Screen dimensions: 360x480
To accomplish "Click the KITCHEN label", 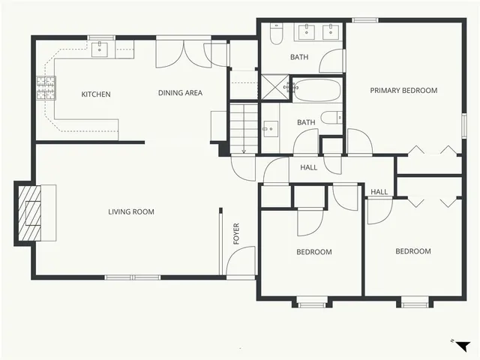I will coord(96,94).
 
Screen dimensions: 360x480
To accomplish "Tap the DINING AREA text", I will coord(180,93).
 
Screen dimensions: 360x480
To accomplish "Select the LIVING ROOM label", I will coord(131,212).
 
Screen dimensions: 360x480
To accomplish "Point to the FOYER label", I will coord(237,234).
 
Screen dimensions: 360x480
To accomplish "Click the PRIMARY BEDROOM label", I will coord(403,91).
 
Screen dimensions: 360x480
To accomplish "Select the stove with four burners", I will coord(46,88).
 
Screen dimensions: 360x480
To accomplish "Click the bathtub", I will coord(316,91).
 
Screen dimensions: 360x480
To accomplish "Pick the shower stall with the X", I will coord(274,87).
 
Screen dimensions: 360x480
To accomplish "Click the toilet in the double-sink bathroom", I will coord(275,34).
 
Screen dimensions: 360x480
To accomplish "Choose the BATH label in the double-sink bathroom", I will coord(300,57).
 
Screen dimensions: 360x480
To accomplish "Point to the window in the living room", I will coord(132,277).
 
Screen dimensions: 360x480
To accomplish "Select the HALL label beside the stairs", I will coord(308,167).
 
